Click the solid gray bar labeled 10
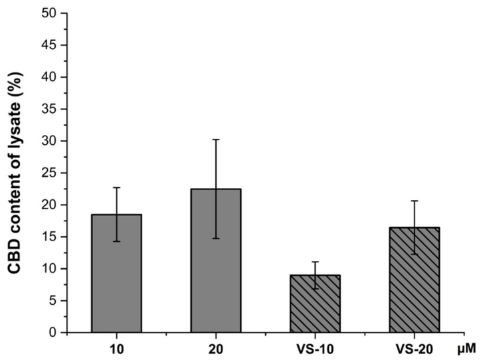117,279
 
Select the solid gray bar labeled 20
216,266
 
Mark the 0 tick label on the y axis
56,332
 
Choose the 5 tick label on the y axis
56,300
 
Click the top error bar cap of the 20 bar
216,139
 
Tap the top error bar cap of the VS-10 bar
315,262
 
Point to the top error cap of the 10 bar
117,187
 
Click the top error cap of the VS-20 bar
414,201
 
